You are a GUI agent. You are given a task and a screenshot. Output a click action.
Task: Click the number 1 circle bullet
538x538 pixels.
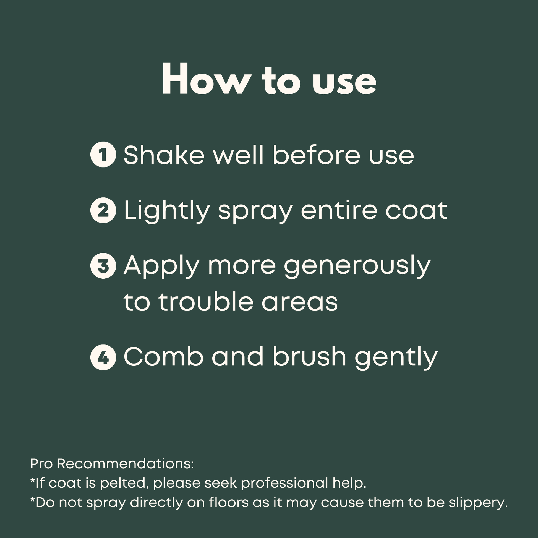tap(103, 155)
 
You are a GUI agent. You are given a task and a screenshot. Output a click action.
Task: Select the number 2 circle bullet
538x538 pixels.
tap(103, 210)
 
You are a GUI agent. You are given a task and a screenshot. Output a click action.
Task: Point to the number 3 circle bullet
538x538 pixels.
tap(103, 266)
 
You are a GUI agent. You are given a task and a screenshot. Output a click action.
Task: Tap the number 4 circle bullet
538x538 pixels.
tap(103, 357)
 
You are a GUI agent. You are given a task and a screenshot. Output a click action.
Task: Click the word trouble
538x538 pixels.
tap(206, 302)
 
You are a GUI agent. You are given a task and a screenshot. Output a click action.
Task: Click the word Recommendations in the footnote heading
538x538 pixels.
tap(125, 464)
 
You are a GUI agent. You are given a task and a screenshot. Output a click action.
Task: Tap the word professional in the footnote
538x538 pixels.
tap(284, 484)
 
